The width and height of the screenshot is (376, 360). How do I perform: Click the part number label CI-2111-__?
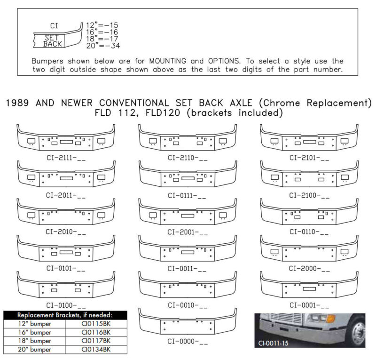point(66,158)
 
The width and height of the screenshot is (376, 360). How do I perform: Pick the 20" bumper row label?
point(34,349)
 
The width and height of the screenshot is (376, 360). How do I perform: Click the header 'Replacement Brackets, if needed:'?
point(65,315)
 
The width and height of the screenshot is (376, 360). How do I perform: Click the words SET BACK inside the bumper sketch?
point(53,40)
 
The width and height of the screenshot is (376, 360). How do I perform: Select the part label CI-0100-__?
point(66,305)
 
